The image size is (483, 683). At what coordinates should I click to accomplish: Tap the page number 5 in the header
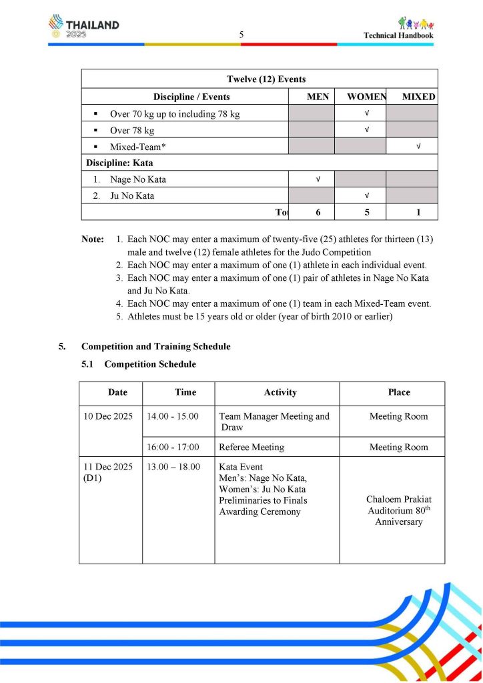tap(241, 35)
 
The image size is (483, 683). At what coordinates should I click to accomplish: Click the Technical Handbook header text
tap(398, 35)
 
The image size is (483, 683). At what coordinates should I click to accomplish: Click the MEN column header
tap(318, 97)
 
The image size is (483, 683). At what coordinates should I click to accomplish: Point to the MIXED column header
tap(418, 97)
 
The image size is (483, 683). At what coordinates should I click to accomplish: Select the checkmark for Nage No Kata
tap(318, 179)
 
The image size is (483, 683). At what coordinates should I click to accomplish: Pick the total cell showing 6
tap(318, 212)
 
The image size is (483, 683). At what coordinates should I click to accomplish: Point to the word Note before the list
tap(93, 239)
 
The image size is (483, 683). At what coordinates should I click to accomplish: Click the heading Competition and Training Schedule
tap(155, 346)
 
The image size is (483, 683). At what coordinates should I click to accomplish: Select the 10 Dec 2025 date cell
tap(107, 416)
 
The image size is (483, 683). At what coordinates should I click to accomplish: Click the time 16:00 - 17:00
tap(173, 447)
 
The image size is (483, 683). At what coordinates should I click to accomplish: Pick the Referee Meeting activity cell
tap(252, 447)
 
